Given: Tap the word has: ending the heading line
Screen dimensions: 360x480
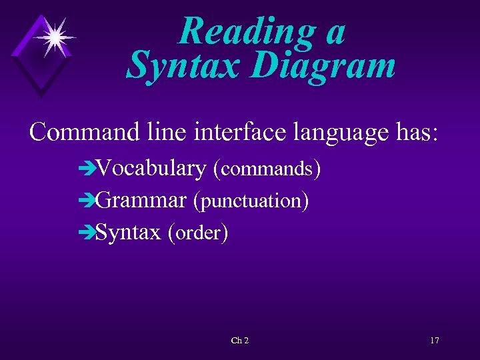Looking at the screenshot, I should [416, 132].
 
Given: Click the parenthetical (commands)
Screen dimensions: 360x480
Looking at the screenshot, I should [267, 169].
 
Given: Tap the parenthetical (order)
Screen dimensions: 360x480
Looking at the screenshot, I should [198, 233].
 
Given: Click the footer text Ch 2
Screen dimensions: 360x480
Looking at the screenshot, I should [239, 341].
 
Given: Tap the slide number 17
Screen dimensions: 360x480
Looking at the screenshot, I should [434, 341].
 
